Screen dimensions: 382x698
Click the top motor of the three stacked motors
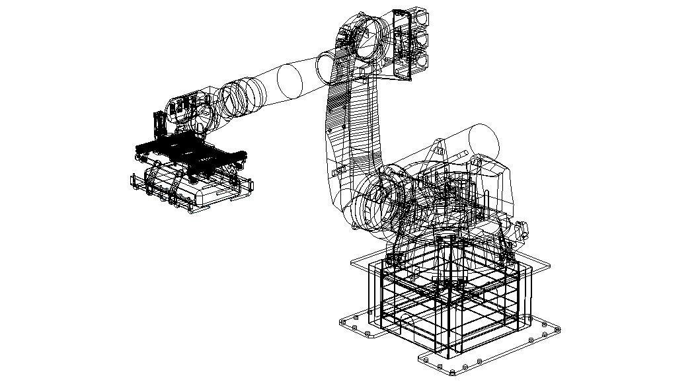419,17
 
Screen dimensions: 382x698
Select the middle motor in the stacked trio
419,39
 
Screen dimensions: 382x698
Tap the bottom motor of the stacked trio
419,61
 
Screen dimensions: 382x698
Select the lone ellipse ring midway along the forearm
289,80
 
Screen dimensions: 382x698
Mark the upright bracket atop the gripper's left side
159,126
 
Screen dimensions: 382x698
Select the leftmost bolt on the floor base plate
344,323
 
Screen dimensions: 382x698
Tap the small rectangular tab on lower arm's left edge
344,125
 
